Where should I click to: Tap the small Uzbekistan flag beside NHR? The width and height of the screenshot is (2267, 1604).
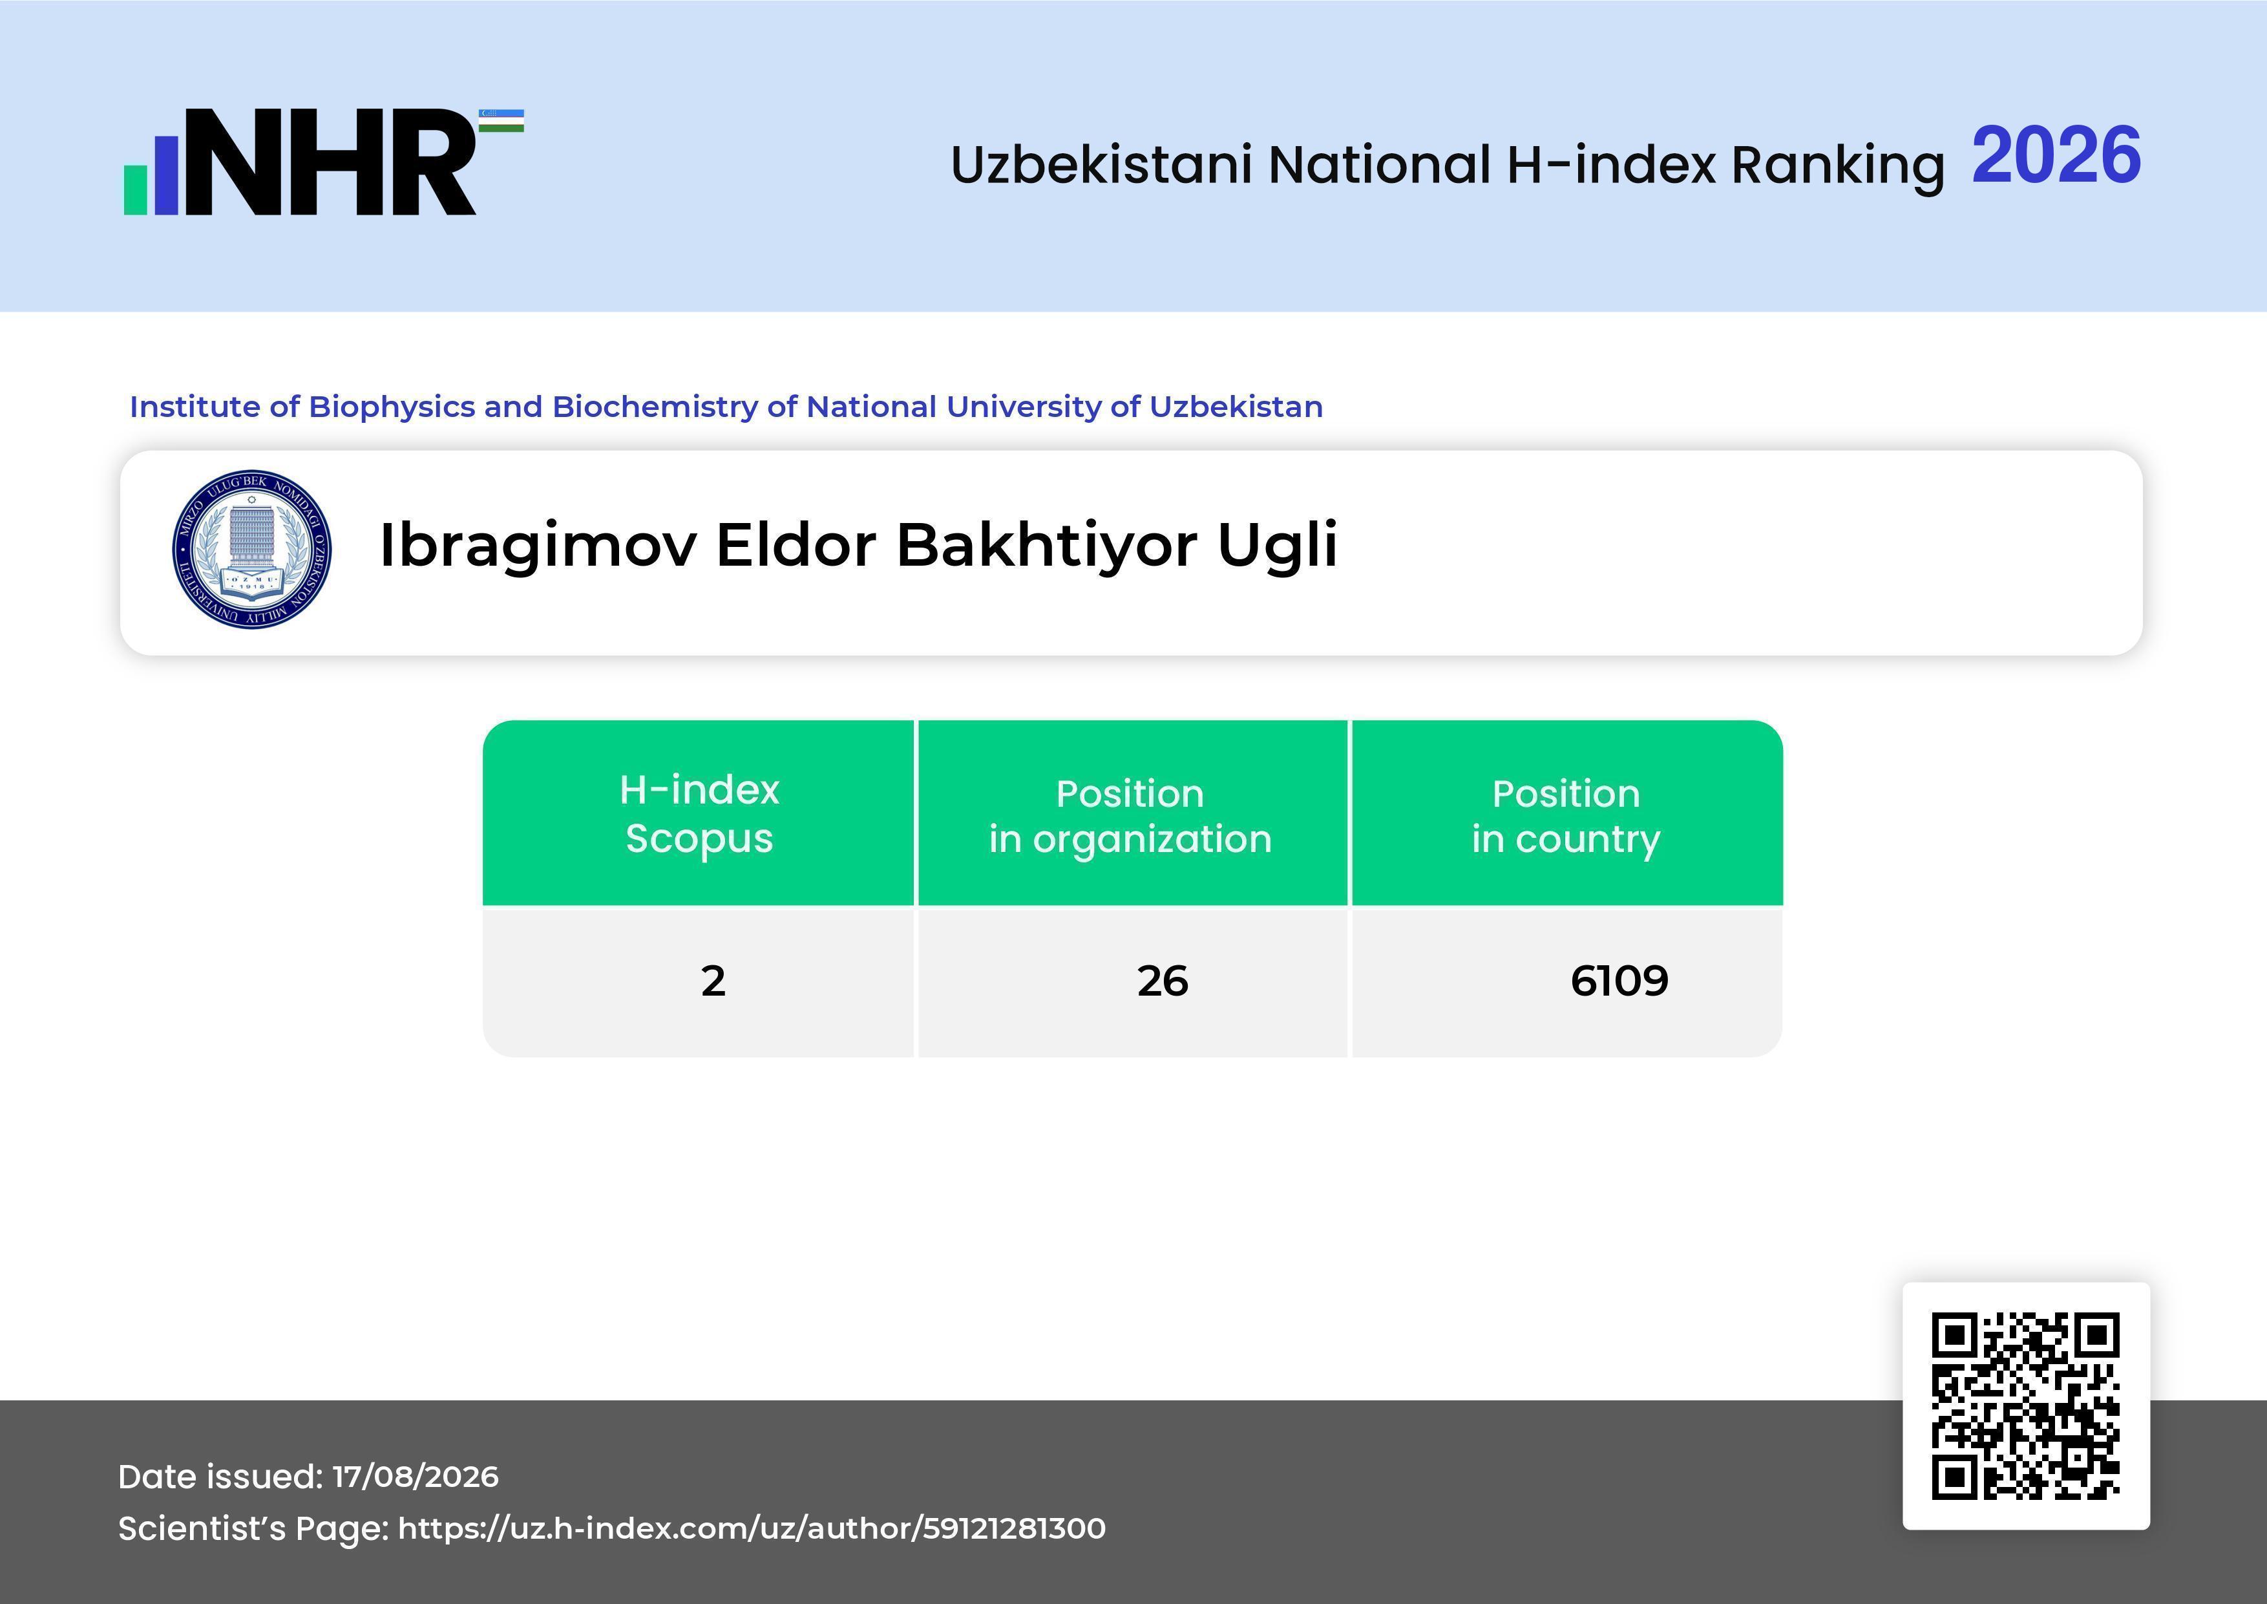[501, 120]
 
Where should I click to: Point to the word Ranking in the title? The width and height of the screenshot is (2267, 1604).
[1837, 165]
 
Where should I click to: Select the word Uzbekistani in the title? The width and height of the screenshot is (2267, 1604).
[1102, 164]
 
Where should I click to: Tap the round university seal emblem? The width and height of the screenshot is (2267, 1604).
[252, 549]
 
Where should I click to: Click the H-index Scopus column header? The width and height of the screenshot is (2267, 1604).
[699, 814]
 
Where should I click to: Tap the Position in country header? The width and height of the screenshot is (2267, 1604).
[1566, 816]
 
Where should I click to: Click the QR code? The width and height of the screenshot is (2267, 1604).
[2026, 1406]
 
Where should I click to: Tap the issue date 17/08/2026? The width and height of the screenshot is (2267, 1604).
[416, 1477]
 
